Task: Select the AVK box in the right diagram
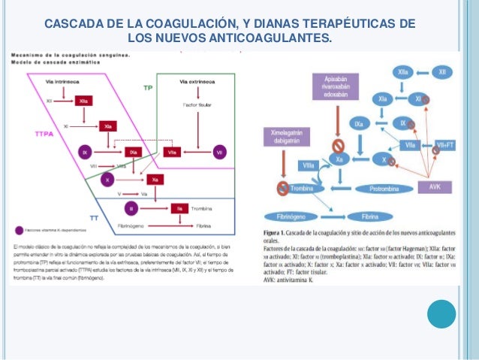[x=435, y=186]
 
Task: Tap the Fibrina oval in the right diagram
[x=369, y=216]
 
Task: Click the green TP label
[x=149, y=88]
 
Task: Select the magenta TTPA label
[x=44, y=133]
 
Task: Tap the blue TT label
[x=94, y=218]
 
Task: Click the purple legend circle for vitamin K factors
[x=18, y=231]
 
